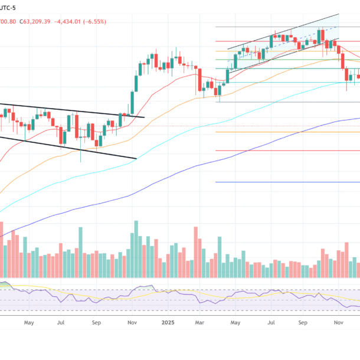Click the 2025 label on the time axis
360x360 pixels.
pyautogui.click(x=168, y=323)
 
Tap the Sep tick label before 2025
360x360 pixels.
pyautogui.click(x=96, y=323)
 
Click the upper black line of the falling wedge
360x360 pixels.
pyautogui.click(x=77, y=111)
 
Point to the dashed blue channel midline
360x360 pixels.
pyautogui.click(x=283, y=44)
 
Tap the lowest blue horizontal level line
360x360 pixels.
pyautogui.click(x=283, y=182)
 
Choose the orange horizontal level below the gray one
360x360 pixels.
pyautogui.click(x=283, y=132)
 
